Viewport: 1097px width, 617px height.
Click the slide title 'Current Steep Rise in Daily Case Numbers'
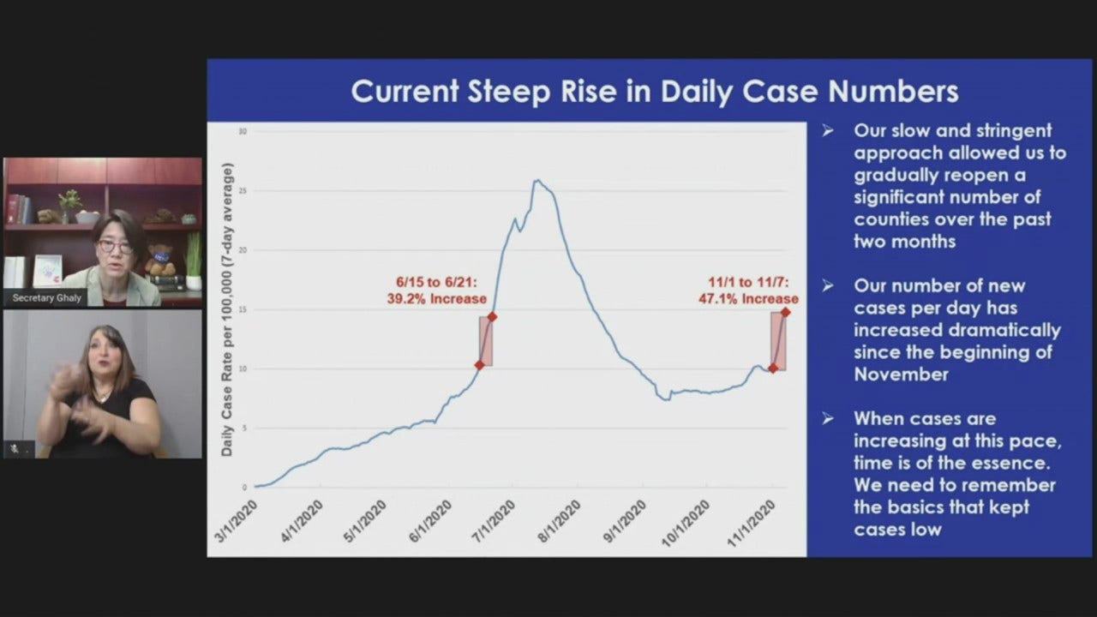pyautogui.click(x=655, y=91)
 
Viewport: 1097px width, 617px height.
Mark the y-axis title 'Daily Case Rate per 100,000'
pyautogui.click(x=227, y=308)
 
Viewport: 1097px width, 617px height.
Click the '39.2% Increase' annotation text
pyautogui.click(x=437, y=299)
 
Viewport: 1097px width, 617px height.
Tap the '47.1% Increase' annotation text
pyautogui.click(x=749, y=299)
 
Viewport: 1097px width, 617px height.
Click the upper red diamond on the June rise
pyautogui.click(x=492, y=317)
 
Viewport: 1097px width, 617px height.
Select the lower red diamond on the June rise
pyautogui.click(x=480, y=365)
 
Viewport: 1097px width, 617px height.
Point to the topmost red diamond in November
pyautogui.click(x=785, y=312)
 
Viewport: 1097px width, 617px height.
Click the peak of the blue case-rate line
pyautogui.click(x=537, y=181)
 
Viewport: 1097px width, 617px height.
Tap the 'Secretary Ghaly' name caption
pyautogui.click(x=46, y=298)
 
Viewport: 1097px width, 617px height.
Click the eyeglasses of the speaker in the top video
pyautogui.click(x=114, y=246)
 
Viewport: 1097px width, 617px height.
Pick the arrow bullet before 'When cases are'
pyautogui.click(x=828, y=419)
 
